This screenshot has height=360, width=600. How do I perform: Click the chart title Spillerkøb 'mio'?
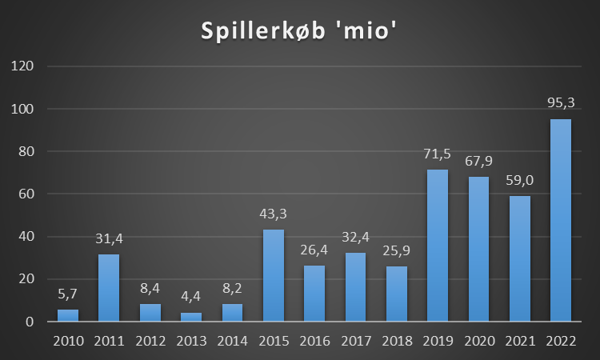tap(299, 33)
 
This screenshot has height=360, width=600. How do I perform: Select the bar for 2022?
tap(561, 221)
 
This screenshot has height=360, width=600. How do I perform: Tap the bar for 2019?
tap(438, 246)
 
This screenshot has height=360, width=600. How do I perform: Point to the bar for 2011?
tap(109, 288)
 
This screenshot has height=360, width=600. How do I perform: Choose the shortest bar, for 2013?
tap(191, 318)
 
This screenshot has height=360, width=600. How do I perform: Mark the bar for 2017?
tap(355, 287)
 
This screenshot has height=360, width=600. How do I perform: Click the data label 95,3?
tap(561, 104)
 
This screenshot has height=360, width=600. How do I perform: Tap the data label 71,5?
tap(438, 154)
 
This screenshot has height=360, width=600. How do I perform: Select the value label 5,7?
tap(67, 294)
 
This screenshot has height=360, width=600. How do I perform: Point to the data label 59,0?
tap(520, 181)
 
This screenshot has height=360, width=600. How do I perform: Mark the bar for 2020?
tap(478, 250)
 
